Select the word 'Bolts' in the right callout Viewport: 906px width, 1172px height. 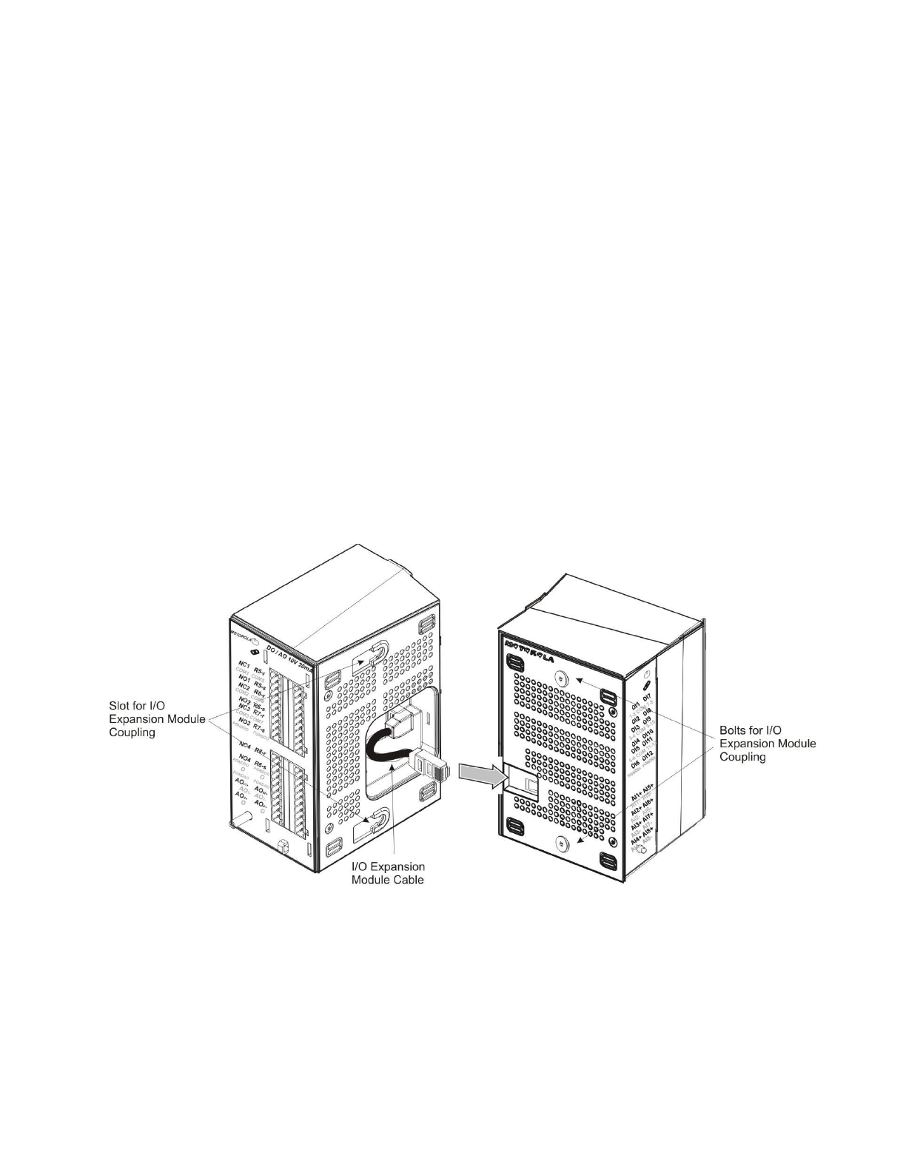pos(736,730)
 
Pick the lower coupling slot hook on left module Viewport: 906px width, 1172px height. pos(378,819)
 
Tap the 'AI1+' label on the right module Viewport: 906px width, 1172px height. pos(634,796)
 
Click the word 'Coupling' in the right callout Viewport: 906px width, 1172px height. pos(745,757)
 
